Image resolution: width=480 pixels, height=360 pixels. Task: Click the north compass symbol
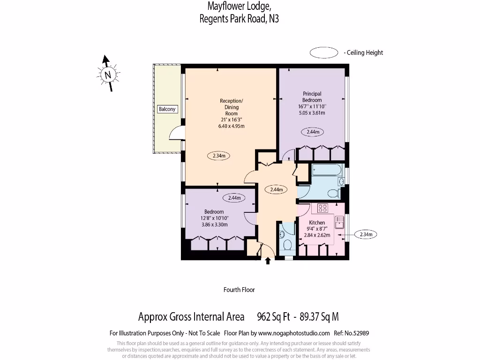[x=108, y=74]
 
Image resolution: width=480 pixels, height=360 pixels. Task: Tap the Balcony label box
[x=167, y=109]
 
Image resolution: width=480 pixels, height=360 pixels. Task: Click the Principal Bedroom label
[x=312, y=97]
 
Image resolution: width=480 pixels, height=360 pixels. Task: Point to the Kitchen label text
[x=317, y=223]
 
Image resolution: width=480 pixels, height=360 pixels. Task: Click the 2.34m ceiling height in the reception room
[x=218, y=156]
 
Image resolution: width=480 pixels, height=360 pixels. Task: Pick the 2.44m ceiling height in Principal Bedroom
[x=313, y=132]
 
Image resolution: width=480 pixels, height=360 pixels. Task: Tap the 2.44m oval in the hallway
[x=277, y=190]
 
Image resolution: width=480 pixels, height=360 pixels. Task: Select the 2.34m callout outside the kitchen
[x=366, y=234]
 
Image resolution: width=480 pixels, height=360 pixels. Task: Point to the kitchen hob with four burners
[x=323, y=208]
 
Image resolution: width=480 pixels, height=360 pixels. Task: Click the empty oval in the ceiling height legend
[x=324, y=52]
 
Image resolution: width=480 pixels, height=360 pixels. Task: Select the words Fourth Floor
[x=239, y=290]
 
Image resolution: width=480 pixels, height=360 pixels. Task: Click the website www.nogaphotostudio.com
[x=293, y=333]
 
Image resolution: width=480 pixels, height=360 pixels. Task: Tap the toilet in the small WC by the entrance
[x=287, y=245]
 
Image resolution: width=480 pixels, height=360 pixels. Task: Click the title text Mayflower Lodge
[x=239, y=6]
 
